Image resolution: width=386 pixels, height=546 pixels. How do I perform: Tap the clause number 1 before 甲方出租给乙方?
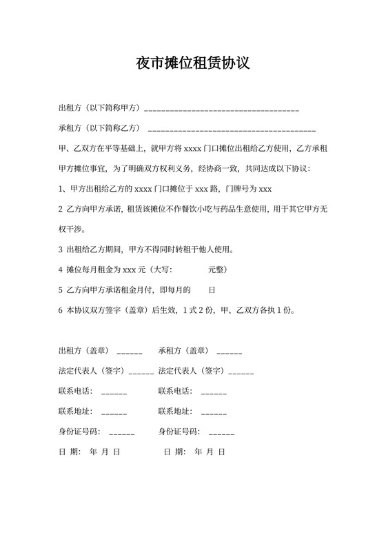pos(61,189)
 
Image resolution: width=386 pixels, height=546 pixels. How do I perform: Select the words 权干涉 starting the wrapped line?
pos(72,229)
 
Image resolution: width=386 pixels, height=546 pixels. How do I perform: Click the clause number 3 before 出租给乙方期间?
pos(61,249)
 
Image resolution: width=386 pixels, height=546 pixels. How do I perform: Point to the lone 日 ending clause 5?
pos(212,290)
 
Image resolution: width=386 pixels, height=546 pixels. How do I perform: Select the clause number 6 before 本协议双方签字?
pos(61,310)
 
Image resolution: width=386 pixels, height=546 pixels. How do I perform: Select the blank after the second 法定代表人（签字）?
pos(241,373)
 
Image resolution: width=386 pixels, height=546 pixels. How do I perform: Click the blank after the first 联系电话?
pos(114,393)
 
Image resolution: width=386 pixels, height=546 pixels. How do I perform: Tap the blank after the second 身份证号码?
pos(221,434)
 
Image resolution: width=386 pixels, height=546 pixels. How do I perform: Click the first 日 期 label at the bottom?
pos(70,452)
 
